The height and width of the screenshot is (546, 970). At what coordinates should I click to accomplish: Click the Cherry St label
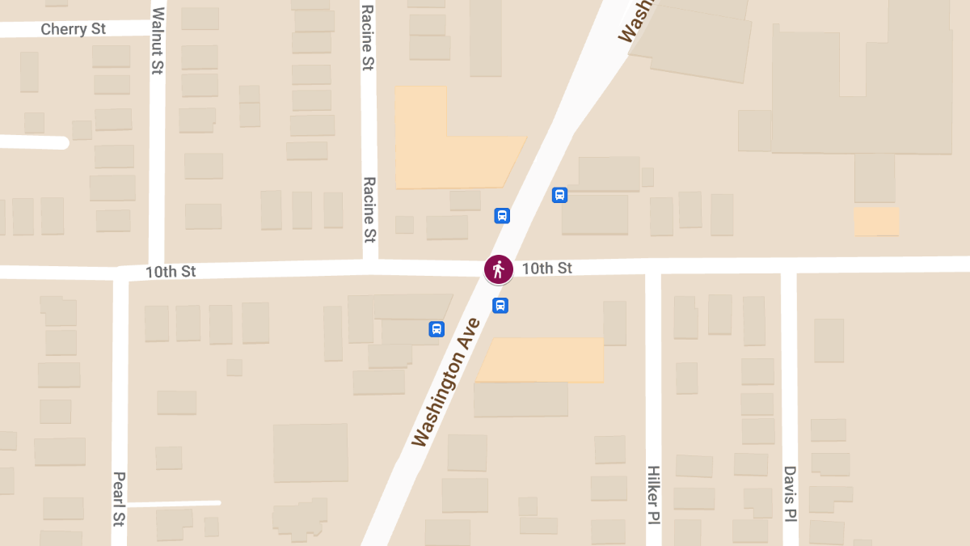pos(74,29)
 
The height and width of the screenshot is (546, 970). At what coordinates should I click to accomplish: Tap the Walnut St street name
pos(158,40)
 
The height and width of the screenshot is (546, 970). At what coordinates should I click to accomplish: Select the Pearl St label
pos(119,498)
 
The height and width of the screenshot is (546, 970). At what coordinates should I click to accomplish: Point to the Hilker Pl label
pos(653,493)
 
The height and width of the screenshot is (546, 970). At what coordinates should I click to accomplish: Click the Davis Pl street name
pos(790,493)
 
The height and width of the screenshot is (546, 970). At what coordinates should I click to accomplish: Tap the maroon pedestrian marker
pos(498,269)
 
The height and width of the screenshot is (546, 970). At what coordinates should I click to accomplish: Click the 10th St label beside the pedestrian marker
pos(546,268)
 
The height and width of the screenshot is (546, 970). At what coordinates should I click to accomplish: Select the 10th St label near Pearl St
pos(171,272)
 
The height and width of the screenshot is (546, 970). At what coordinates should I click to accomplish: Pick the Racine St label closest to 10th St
pos(369,210)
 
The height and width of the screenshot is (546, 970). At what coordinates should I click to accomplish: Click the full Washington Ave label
pos(445,382)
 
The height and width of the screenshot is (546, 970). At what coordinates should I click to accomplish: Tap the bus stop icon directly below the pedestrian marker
pos(500,306)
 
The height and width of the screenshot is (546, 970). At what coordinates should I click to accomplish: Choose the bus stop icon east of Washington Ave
pos(559,195)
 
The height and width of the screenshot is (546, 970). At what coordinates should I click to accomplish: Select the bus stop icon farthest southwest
pos(436,329)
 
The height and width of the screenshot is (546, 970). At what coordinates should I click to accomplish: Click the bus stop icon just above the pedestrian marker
pos(502,216)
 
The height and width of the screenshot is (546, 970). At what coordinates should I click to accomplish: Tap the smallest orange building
pos(877,221)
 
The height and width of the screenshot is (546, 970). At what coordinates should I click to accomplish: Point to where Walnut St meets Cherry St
pos(158,28)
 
